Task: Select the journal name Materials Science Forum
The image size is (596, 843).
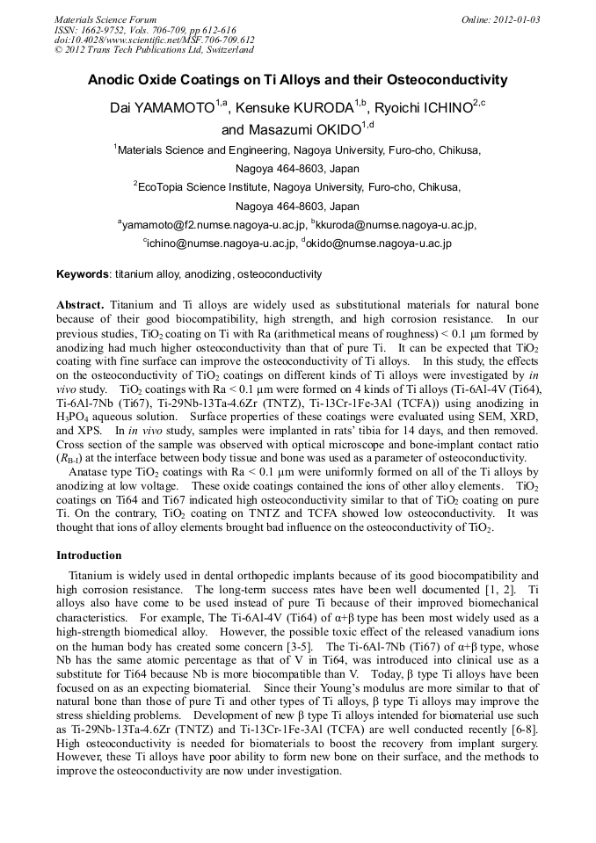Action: pyautogui.click(x=105, y=18)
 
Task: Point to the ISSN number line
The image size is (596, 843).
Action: pyautogui.click(x=140, y=29)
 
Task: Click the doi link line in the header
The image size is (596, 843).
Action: pyautogui.click(x=154, y=40)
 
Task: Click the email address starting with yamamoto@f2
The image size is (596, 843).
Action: pyautogui.click(x=214, y=225)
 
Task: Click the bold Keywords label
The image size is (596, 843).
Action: pyautogui.click(x=83, y=275)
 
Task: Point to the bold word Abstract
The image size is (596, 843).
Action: pyautogui.click(x=82, y=304)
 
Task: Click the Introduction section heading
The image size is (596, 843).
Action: pyautogui.click(x=89, y=556)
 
